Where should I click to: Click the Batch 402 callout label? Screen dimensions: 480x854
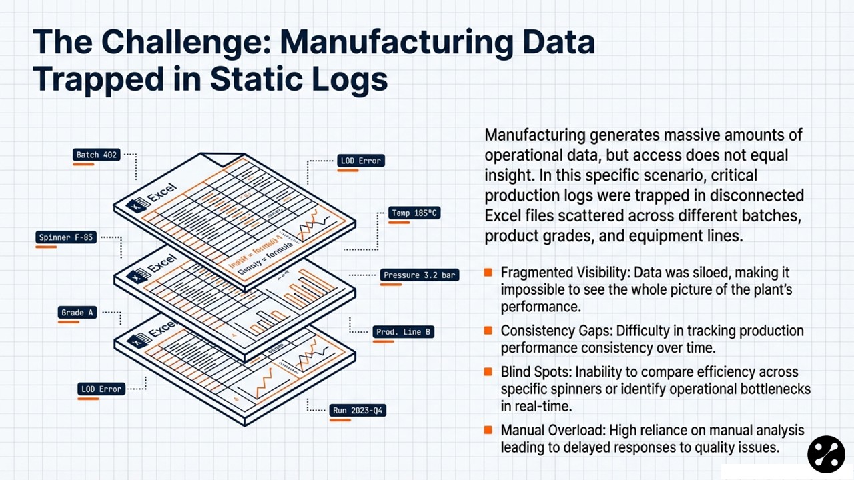coord(97,155)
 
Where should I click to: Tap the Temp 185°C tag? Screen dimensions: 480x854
coord(415,213)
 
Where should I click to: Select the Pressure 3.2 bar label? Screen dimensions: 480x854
coord(420,275)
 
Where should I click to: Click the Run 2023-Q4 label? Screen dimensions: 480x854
coord(358,410)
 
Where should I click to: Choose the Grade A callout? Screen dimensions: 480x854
coord(77,313)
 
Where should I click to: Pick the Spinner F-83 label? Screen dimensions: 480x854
coord(67,237)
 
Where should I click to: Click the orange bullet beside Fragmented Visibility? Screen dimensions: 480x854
coord(488,272)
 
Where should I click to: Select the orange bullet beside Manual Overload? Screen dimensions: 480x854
coord(488,430)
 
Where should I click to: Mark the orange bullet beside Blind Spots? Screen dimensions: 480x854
coord(488,371)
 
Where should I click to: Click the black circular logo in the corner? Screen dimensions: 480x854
coord(826,455)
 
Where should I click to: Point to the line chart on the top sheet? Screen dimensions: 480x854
coord(314,227)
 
